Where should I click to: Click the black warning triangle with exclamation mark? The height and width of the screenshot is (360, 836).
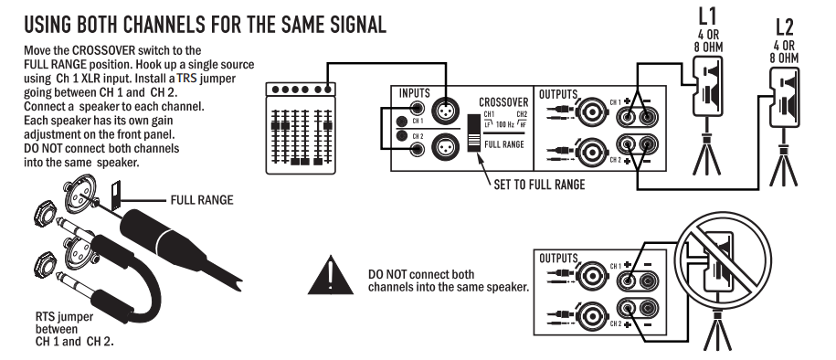coord(331,276)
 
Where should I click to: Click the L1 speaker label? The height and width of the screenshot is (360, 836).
coord(707,16)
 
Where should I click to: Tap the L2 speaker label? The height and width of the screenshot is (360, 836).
coord(784,26)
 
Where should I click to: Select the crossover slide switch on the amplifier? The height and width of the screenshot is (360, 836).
coord(473,132)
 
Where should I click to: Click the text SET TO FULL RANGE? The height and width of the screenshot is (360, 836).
coord(539,185)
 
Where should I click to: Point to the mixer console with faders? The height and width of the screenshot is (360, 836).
coord(301,128)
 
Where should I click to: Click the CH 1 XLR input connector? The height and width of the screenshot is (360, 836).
coord(445,111)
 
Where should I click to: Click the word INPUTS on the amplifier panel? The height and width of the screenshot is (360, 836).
coord(414,94)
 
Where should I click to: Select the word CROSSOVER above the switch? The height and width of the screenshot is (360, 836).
coord(503,101)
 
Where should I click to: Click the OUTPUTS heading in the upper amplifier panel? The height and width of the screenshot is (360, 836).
coord(557,94)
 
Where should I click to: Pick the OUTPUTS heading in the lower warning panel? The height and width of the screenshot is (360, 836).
coord(557,259)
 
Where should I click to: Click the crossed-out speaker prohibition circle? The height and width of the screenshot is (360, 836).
coord(723,260)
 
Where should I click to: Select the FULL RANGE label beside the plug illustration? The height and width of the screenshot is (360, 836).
coord(202,200)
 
